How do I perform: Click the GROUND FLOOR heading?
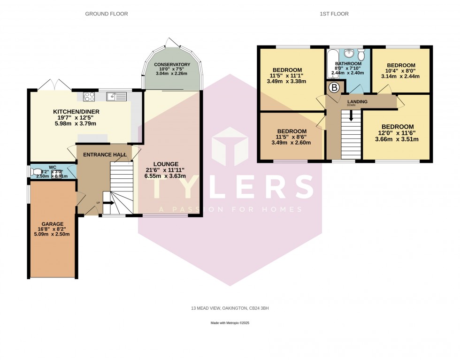point(106,14)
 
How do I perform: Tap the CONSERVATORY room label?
point(172,65)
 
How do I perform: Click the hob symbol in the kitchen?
point(89,97)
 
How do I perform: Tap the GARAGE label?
point(53,224)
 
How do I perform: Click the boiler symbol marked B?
point(335,87)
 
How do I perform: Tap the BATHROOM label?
point(348,64)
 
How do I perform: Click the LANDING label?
point(357,101)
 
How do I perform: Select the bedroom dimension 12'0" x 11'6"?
point(398,133)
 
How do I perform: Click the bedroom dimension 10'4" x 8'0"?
point(400,71)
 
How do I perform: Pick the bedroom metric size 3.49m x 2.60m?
point(291,143)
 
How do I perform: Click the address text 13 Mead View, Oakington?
point(230,308)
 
